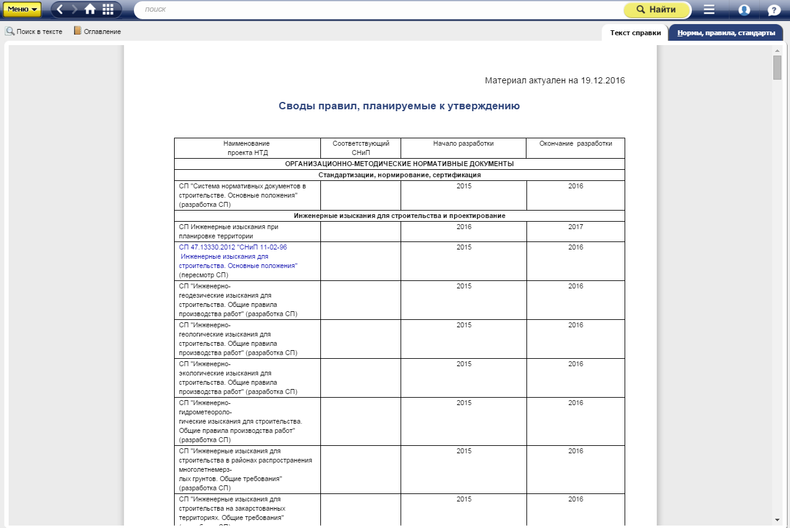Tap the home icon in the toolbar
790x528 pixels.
click(90, 9)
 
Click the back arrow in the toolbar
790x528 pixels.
click(60, 9)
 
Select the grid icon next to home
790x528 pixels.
click(108, 9)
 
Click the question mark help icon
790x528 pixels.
click(774, 10)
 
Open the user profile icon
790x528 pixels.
click(744, 10)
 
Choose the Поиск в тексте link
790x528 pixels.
click(34, 31)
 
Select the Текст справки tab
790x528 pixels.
click(635, 33)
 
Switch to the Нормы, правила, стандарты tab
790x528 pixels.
click(725, 33)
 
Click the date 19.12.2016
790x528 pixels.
click(603, 81)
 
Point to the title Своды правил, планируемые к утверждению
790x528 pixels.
click(399, 106)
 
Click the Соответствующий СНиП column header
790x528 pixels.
click(361, 148)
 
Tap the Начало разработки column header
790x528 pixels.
click(464, 144)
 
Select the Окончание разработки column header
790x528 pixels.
click(576, 144)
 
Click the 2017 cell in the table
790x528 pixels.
click(576, 227)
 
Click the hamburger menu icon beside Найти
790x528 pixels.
click(709, 10)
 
